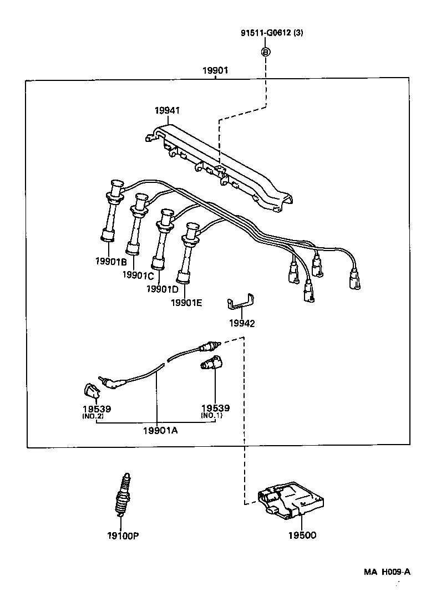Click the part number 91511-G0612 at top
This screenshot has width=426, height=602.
pyautogui.click(x=272, y=33)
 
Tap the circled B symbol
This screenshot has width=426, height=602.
pyautogui.click(x=266, y=52)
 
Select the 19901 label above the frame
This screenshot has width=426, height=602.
pyautogui.click(x=215, y=70)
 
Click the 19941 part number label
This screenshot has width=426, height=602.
pyautogui.click(x=167, y=111)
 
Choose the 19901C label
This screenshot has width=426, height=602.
pyautogui.click(x=138, y=275)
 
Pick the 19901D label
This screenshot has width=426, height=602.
pyautogui.click(x=163, y=288)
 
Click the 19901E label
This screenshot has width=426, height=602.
pyautogui.click(x=186, y=302)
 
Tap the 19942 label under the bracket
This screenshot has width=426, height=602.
pyautogui.click(x=242, y=323)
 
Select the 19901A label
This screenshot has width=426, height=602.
pyautogui.click(x=160, y=430)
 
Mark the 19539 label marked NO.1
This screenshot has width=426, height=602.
pyautogui.click(x=215, y=408)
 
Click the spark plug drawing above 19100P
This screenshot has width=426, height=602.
pyautogui.click(x=122, y=494)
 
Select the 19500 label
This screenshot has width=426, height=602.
pyautogui.click(x=302, y=535)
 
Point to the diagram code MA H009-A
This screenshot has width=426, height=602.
pyautogui.click(x=387, y=572)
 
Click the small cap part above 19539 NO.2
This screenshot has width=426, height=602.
pyautogui.click(x=92, y=391)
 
